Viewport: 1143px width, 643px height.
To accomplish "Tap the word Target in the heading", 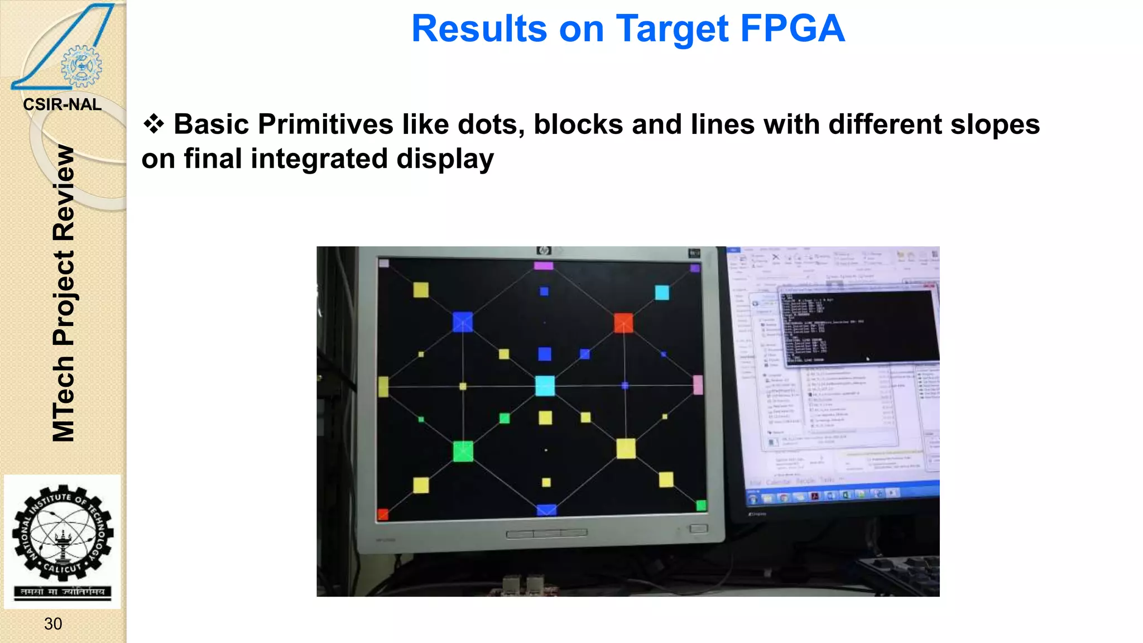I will tap(672, 28).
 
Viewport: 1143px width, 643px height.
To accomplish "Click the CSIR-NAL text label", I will tap(62, 104).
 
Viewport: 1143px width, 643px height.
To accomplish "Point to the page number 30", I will tap(53, 623).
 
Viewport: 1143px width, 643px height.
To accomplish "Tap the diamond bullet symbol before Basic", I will tap(153, 123).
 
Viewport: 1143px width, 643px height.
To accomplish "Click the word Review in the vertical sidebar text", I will tap(64, 193).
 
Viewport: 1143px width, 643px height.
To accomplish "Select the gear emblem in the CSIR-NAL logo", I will tap(81, 66).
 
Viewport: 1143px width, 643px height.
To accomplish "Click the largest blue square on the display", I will tap(462, 322).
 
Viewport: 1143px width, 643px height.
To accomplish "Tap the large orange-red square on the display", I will tap(623, 323).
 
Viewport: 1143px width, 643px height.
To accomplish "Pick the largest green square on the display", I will tap(463, 451).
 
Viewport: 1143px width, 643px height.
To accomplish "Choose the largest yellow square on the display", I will tap(626, 449).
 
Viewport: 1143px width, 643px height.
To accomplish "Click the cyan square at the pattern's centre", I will tap(545, 386).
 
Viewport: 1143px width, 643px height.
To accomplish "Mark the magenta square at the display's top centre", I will tap(543, 266).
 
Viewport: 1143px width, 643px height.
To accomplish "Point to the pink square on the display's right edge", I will tap(698, 385).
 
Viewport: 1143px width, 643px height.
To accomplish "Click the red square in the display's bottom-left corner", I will tap(383, 514).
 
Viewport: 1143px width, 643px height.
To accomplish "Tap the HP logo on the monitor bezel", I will tap(543, 251).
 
